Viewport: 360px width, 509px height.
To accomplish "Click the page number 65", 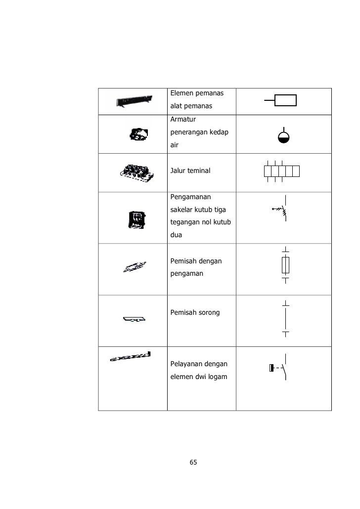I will [193, 462].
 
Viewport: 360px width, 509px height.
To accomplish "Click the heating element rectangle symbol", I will [285, 100].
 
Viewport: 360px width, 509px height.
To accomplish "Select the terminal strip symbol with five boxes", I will [282, 171].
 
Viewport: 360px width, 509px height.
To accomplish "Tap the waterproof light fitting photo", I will [138, 134].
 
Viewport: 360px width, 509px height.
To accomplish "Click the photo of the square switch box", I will [136, 219].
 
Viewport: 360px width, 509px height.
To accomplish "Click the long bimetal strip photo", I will [130, 356].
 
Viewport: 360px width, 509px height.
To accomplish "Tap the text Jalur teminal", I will [190, 171].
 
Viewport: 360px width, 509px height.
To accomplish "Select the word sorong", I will [209, 313].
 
